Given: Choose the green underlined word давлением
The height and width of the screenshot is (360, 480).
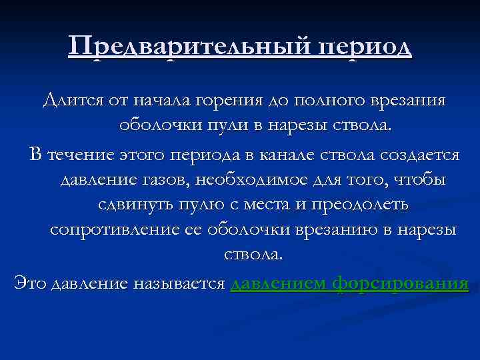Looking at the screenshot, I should coord(279,284).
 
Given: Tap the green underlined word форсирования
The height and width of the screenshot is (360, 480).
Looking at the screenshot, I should coord(401,284).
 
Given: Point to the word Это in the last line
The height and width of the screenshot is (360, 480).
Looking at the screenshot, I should coord(30,284).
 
